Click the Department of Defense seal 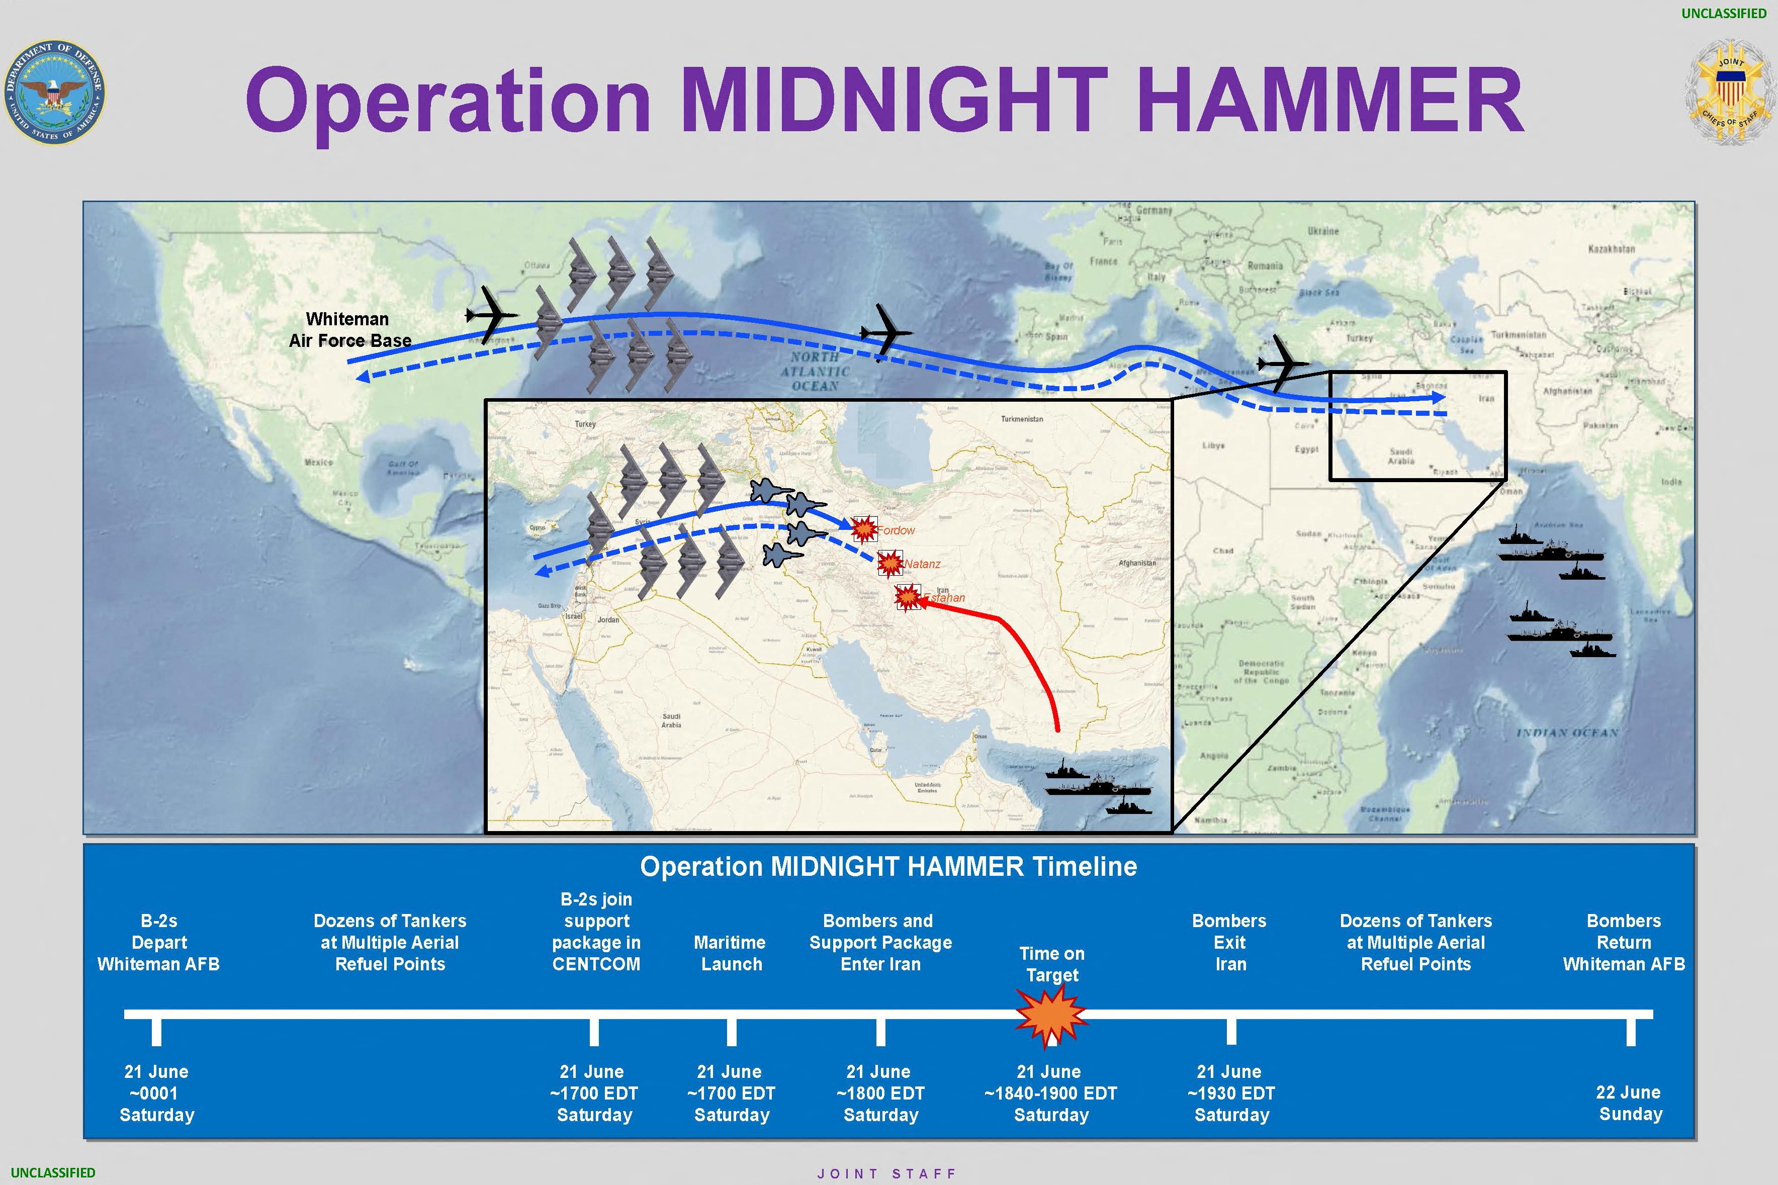(x=54, y=92)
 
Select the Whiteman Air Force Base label (x=349, y=329)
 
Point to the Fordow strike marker (x=864, y=529)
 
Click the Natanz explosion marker (x=890, y=563)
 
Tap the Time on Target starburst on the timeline (x=1051, y=1017)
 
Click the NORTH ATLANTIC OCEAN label (x=815, y=371)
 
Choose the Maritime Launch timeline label (x=730, y=953)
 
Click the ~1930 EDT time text (x=1231, y=1093)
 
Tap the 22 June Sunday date (x=1629, y=1103)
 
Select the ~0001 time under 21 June (x=156, y=1093)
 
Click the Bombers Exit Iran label (x=1229, y=942)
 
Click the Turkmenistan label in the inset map (x=1022, y=419)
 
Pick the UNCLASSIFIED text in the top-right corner (x=1724, y=13)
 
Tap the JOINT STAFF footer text (x=887, y=1173)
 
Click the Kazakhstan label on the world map (x=1611, y=249)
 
